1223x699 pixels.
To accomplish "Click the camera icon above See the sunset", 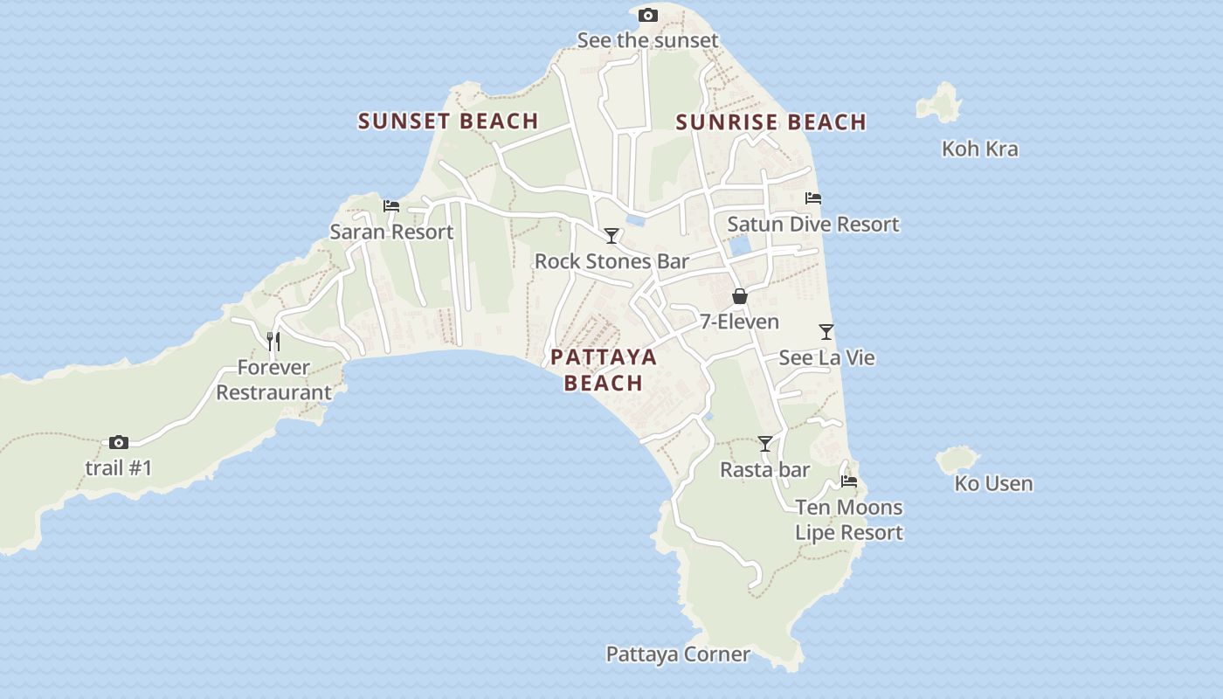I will [x=647, y=15].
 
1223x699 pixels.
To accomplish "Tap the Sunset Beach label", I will [x=448, y=121].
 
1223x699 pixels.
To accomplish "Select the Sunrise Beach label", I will [x=770, y=122].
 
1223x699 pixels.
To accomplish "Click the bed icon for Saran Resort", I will [x=391, y=206].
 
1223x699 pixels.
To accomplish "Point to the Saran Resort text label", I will [x=391, y=232].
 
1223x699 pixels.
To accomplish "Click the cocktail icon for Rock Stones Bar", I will [x=611, y=236].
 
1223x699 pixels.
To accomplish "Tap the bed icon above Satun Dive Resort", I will [x=813, y=198].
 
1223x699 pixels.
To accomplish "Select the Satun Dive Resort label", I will [x=812, y=225].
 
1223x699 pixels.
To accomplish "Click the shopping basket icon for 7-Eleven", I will [x=740, y=297].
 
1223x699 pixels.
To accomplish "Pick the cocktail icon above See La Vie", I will [x=826, y=332].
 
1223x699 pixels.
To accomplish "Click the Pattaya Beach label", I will [x=604, y=370].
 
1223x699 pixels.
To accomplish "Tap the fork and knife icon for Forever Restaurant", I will [x=273, y=341].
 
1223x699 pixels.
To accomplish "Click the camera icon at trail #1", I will [x=119, y=443].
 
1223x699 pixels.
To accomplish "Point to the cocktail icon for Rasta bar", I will [x=765, y=444].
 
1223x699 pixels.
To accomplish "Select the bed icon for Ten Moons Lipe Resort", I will [x=849, y=481].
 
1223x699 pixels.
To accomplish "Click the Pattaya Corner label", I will [x=678, y=654].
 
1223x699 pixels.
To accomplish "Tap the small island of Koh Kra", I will [x=940, y=103].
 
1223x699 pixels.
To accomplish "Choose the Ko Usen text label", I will [x=993, y=483].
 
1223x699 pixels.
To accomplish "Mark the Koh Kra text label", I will [x=979, y=149].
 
